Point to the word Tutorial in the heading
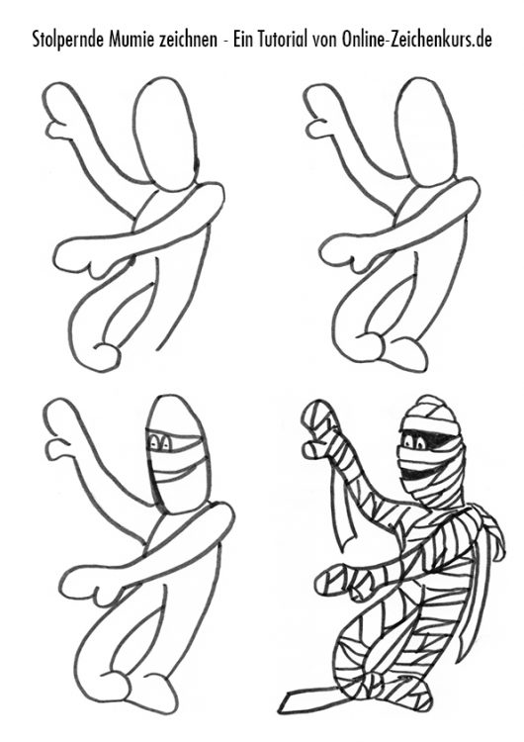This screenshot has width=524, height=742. pyautogui.click(x=283, y=39)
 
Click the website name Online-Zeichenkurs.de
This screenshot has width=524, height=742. pyautogui.click(x=416, y=39)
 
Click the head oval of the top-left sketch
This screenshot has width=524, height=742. pyautogui.click(x=165, y=134)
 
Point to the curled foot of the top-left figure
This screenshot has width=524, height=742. pyautogui.click(x=107, y=354)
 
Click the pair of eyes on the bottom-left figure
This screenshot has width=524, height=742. pyautogui.click(x=161, y=443)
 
